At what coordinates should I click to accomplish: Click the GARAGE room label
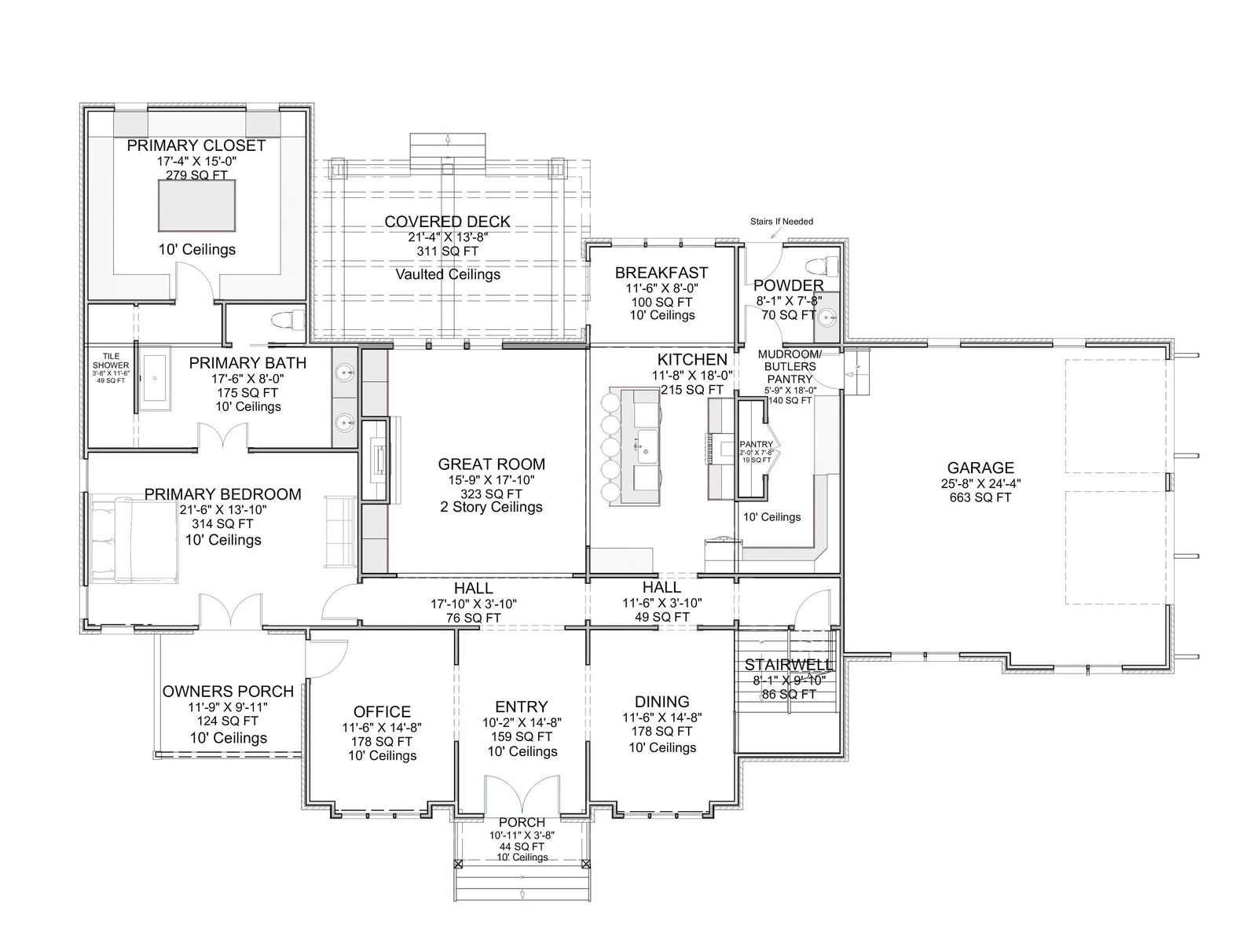click(x=980, y=468)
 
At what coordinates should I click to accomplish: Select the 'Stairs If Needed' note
click(x=781, y=222)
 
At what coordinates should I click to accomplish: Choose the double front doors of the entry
click(x=522, y=796)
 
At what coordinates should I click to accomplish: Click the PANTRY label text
click(x=756, y=445)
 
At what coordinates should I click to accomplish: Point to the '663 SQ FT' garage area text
click(x=980, y=497)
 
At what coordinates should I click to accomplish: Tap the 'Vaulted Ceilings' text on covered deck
click(x=448, y=274)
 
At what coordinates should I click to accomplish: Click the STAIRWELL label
click(x=789, y=665)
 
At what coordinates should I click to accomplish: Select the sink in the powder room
click(x=826, y=318)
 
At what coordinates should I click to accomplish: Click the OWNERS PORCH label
click(x=228, y=692)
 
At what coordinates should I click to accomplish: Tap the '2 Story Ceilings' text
click(x=492, y=507)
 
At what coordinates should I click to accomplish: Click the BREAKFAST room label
click(x=661, y=273)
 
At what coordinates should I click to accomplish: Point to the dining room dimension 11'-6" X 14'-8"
click(x=661, y=717)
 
